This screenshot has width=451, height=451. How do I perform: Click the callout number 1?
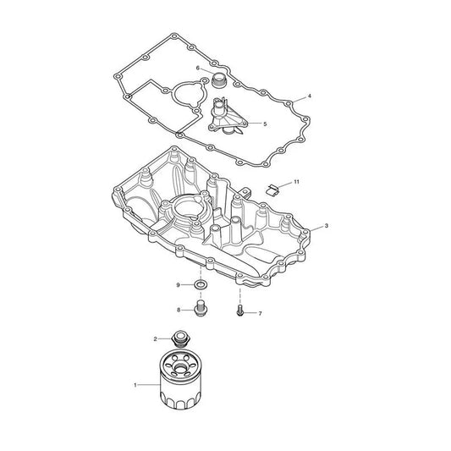coord(135,385)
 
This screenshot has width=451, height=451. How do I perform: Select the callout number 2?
coord(156,339)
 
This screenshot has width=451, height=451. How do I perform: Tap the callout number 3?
coord(326,226)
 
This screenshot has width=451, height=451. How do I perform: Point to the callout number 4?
coord(310,96)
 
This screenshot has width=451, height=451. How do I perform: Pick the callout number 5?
coord(265,124)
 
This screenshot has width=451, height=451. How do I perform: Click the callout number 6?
coord(198,69)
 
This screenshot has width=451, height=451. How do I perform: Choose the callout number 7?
coord(261,314)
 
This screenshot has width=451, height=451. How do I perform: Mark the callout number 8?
coord(179,310)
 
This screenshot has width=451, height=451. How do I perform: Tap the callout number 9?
coord(178,285)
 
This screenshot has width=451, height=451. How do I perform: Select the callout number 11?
coord(296,182)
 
